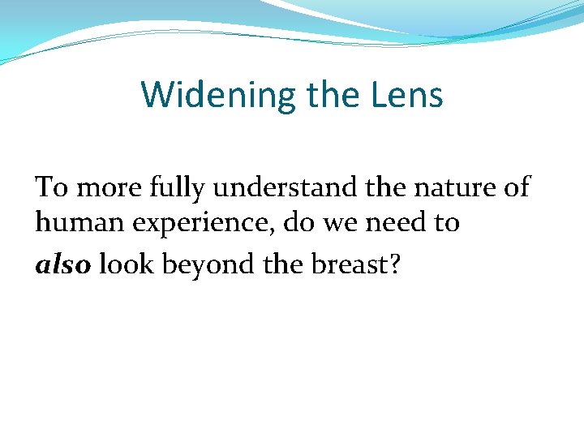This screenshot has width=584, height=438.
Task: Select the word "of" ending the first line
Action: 515,187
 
